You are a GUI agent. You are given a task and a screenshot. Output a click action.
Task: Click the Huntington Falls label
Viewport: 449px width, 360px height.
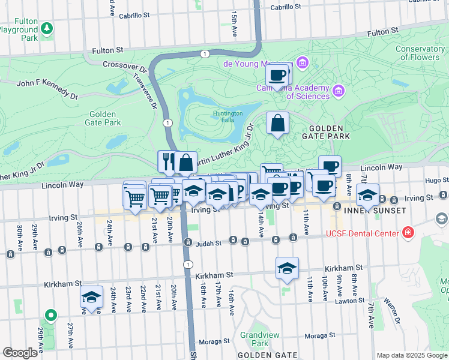pyautogui.click(x=228, y=116)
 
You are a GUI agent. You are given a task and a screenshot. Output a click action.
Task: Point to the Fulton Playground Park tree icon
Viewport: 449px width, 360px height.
pyautogui.click(x=46, y=28)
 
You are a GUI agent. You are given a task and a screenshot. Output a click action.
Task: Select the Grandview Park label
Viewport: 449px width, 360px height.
pyautogui.click(x=255, y=339)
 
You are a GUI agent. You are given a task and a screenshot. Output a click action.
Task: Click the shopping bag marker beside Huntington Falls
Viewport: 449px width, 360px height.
pyautogui.click(x=277, y=124)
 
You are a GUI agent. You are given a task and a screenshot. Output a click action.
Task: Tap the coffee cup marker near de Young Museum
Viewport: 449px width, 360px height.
pyautogui.click(x=277, y=75)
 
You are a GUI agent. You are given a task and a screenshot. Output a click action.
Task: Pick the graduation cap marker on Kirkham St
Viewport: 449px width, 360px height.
pyautogui.click(x=288, y=268)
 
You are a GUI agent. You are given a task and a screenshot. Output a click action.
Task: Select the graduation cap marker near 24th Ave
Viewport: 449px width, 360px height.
pyautogui.click(x=91, y=298)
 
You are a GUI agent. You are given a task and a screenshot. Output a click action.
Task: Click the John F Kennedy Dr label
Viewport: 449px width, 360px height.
pyautogui.click(x=48, y=89)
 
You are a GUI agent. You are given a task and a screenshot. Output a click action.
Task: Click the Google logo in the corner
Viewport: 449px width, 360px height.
pyautogui.click(x=20, y=352)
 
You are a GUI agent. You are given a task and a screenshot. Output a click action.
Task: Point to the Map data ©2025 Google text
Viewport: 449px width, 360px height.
pyautogui.click(x=411, y=355)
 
